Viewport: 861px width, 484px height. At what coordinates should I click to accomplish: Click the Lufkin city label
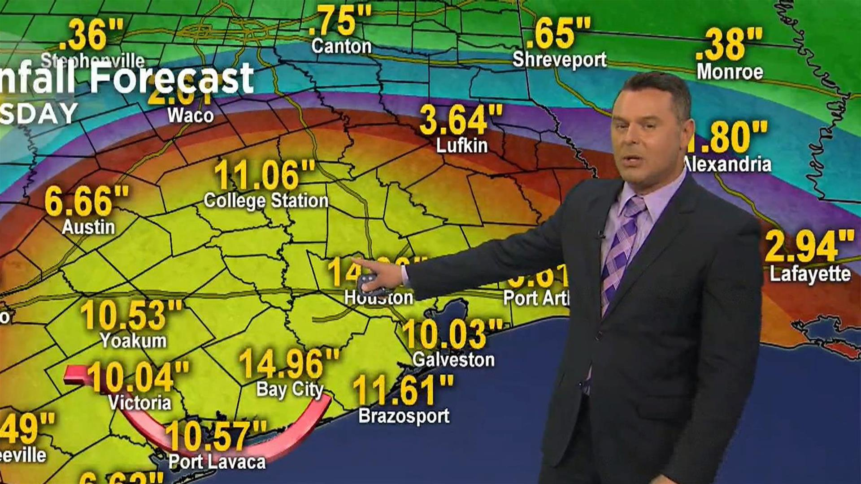(461, 146)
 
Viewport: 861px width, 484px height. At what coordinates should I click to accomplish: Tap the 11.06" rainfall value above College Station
(265, 175)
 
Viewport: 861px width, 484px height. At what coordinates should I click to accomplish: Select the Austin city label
(88, 227)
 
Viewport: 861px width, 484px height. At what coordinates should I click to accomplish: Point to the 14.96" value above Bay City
(289, 363)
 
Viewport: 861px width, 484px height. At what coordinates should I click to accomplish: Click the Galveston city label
(453, 360)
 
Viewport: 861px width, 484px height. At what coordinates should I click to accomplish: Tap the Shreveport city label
(559, 60)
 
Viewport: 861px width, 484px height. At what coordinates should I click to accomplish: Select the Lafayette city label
(810, 274)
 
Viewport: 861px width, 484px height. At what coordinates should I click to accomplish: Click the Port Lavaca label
(217, 462)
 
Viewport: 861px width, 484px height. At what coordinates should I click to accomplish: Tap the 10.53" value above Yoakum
(131, 315)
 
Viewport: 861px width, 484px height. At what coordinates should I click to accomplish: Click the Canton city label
(341, 46)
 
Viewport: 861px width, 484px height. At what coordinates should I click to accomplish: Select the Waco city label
(191, 116)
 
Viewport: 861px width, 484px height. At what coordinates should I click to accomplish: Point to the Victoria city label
(139, 402)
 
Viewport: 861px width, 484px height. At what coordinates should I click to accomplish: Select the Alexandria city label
(729, 164)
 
